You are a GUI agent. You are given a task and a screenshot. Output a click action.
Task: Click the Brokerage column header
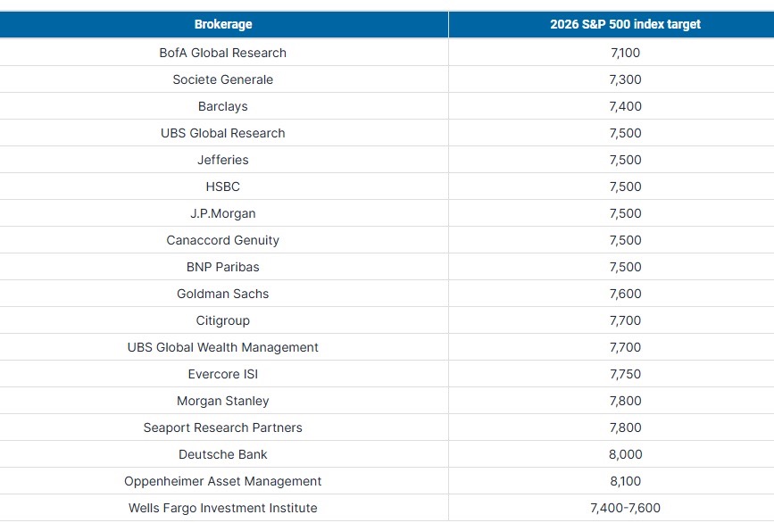223,25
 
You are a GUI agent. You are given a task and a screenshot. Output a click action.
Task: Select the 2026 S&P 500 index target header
625,25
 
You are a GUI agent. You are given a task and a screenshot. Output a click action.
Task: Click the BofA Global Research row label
223,53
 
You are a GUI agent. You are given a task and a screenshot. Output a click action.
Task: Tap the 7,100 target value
625,53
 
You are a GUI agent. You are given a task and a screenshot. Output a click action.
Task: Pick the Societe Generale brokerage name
223,79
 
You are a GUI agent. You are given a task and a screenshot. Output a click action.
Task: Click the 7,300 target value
625,79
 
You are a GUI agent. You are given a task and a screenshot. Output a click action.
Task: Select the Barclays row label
223,106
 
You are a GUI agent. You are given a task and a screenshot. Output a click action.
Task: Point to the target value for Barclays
625,106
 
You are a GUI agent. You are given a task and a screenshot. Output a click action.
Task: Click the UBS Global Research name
223,133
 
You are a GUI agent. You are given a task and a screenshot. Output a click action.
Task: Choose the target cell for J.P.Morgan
625,213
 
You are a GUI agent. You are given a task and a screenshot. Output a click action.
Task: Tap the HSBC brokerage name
223,187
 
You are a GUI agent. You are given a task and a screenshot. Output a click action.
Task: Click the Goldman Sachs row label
223,294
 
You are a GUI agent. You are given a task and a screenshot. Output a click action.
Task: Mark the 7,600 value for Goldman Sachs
625,294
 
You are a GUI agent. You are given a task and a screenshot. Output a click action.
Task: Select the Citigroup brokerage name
223,320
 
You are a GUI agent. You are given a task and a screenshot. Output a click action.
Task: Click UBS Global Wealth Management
223,347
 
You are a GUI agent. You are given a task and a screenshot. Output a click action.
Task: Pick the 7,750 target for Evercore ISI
625,374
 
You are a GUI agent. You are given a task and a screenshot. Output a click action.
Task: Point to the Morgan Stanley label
223,401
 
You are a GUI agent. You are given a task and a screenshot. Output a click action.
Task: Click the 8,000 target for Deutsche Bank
625,454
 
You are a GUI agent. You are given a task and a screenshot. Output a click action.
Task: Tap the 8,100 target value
625,481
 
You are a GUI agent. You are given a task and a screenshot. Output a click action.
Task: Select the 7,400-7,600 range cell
625,508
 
